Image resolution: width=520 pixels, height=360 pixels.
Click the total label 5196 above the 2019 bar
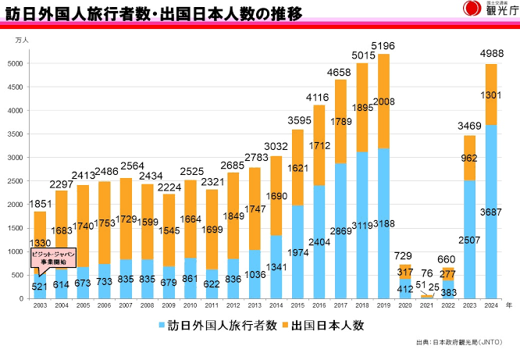(x=404, y=45)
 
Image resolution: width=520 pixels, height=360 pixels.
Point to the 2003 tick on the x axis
(x=40, y=305)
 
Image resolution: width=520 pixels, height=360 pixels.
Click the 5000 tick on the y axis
(x=16, y=63)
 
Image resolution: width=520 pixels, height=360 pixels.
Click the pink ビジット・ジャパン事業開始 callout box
(x=54, y=258)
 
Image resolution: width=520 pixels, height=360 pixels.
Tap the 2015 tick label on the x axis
(x=297, y=305)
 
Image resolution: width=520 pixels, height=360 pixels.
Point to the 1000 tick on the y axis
(x=16, y=251)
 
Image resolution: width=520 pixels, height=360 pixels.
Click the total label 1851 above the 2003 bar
(x=40, y=204)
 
